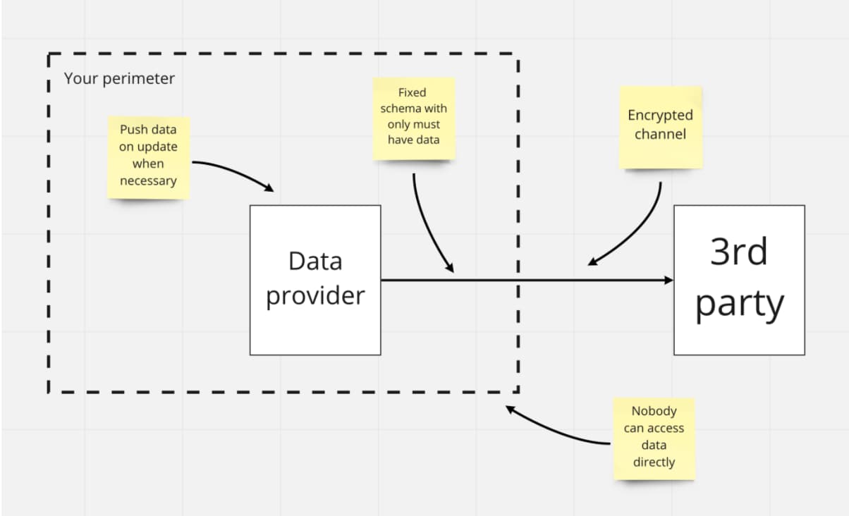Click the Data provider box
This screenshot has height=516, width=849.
point(315,280)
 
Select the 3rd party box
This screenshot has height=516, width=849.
point(739,280)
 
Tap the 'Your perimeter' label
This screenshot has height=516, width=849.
point(119,78)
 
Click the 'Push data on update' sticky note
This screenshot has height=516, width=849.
point(148,156)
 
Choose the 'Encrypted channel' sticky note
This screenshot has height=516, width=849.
point(660,127)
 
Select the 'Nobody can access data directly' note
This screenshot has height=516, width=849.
point(654,438)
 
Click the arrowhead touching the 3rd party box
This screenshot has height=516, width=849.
point(669,281)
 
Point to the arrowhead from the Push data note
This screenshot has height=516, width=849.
point(269,189)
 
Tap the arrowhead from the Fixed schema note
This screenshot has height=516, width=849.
point(449,269)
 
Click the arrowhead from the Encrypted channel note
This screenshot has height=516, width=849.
point(593,262)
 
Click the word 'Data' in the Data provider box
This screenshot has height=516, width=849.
point(315,261)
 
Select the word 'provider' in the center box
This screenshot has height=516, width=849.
point(315,295)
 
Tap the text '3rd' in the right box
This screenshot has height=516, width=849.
point(738,252)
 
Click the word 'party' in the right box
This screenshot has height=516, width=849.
point(739,304)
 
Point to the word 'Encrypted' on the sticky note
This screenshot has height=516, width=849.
point(660,116)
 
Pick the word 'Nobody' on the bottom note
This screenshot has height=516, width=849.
point(654,411)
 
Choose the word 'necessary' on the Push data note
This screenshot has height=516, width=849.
point(148,180)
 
